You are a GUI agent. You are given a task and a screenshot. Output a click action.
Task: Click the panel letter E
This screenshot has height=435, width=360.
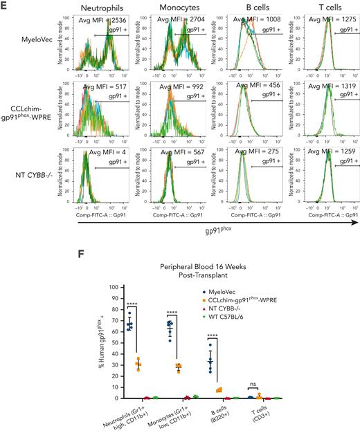[7, 6]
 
